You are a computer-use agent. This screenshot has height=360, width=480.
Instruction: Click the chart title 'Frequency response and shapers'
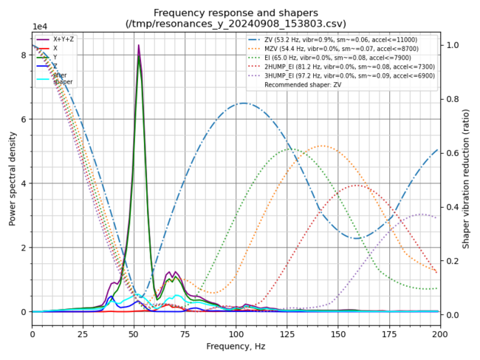point(236,13)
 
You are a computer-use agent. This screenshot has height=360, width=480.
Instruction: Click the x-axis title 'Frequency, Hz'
point(236,346)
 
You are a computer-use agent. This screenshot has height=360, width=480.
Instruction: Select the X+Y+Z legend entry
point(62,39)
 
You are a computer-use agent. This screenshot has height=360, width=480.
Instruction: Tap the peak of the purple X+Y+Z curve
point(138,46)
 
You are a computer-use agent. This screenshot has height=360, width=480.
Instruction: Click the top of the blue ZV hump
point(243,103)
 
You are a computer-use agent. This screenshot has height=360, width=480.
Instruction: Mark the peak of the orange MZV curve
point(321,146)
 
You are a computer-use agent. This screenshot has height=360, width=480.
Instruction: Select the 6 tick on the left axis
point(24,119)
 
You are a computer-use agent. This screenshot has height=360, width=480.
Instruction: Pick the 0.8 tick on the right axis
point(450,99)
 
